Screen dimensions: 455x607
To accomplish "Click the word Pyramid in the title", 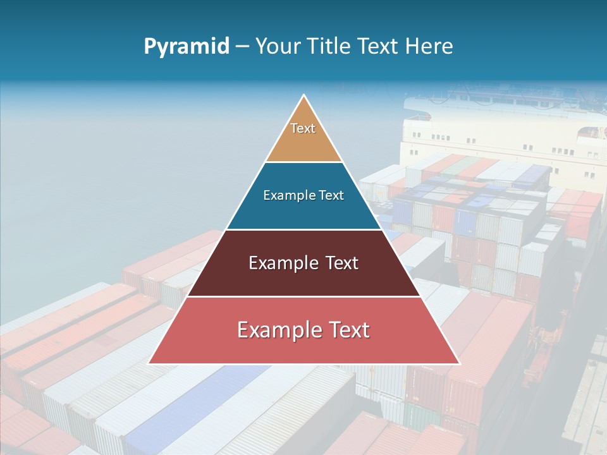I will [x=187, y=46].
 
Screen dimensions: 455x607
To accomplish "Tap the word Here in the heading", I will [x=429, y=46].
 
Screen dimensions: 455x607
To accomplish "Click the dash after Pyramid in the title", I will [x=242, y=47].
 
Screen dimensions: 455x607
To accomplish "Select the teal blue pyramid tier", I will [x=303, y=212].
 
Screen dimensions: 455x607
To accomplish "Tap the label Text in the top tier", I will [x=303, y=128].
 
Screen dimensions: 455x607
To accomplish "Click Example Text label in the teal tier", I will [x=303, y=195].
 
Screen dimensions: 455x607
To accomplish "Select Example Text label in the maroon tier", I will [x=303, y=263].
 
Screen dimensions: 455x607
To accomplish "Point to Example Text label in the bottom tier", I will [x=303, y=330].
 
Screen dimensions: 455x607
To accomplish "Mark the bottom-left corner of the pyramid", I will [x=149, y=363].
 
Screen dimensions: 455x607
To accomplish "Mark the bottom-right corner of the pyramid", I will [x=458, y=363].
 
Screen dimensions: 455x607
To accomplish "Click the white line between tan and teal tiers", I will [x=303, y=162].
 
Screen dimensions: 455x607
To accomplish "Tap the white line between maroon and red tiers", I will [x=303, y=297].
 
